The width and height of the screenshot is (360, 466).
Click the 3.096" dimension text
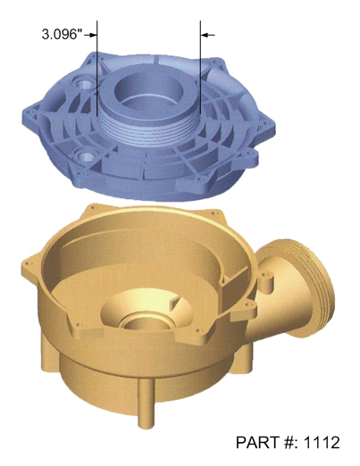pos(62,35)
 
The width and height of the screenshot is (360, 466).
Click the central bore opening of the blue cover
pos(147,89)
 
